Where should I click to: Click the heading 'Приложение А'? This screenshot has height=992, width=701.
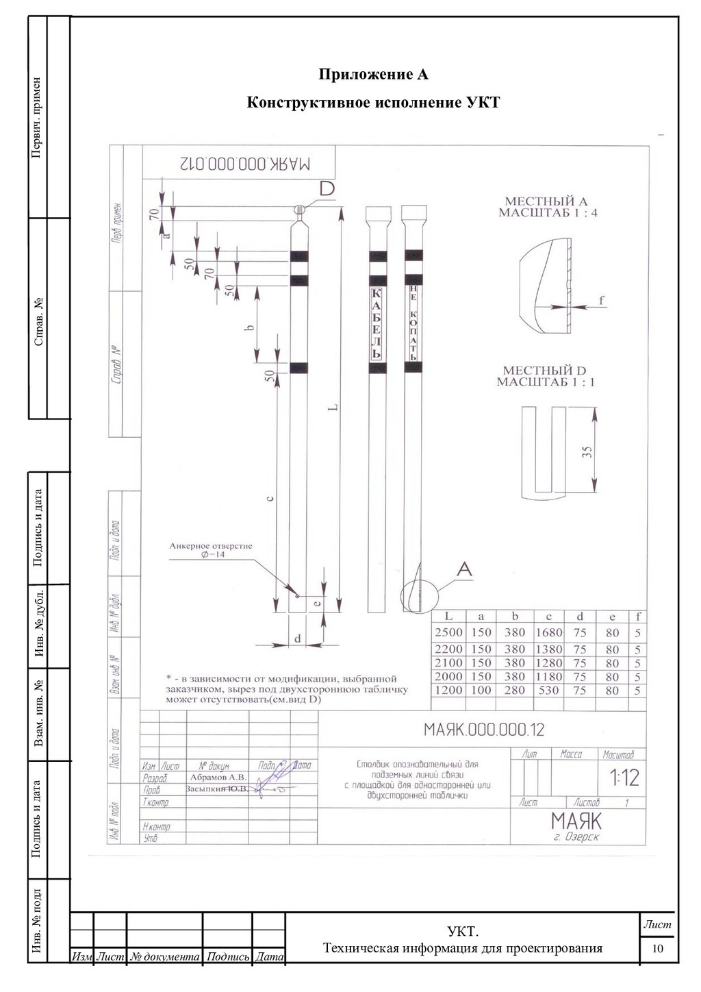point(374,74)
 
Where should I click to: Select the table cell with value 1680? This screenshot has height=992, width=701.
point(548,632)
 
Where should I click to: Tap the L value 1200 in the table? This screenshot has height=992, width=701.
point(448,691)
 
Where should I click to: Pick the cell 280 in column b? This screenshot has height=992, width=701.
point(515,691)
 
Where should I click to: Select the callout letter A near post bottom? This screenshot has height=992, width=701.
point(464,569)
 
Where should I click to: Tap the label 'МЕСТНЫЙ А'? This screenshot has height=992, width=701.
point(546,201)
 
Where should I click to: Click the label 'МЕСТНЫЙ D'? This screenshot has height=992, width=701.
point(545,371)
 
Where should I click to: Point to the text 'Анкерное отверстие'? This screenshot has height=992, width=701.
point(211,546)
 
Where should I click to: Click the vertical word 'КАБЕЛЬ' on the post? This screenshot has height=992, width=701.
point(377,323)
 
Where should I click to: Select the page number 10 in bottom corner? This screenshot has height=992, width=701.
point(658,949)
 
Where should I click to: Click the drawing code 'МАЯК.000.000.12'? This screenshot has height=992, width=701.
point(484,730)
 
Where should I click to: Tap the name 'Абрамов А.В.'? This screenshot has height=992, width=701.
point(218,778)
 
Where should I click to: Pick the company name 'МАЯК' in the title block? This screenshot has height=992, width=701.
point(576,821)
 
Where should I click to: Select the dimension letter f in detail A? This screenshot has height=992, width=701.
point(601,300)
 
